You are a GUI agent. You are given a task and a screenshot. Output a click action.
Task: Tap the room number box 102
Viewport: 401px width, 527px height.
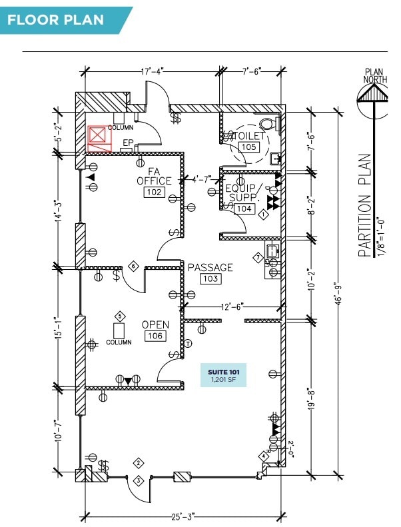tap(154, 192)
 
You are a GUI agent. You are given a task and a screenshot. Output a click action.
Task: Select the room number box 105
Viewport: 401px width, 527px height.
tap(248, 147)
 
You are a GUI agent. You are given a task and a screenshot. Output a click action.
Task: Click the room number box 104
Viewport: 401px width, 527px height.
tap(244, 209)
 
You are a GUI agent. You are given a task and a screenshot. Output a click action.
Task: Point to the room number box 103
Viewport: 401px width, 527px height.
tap(210, 278)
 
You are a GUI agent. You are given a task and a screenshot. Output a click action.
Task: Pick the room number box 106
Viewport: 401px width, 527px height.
tap(155, 336)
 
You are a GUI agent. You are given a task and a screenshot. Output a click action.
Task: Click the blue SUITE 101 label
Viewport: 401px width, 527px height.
tap(224, 375)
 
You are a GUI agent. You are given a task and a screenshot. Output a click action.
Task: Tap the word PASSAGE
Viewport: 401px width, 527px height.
tap(210, 267)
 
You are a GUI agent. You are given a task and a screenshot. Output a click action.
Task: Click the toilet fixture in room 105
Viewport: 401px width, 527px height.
tap(268, 124)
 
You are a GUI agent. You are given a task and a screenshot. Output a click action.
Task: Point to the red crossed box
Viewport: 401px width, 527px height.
tap(99, 137)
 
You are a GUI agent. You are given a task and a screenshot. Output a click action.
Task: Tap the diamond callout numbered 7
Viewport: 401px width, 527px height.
tap(257, 257)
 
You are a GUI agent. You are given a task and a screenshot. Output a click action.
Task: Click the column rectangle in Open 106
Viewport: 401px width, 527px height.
tap(121, 330)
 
